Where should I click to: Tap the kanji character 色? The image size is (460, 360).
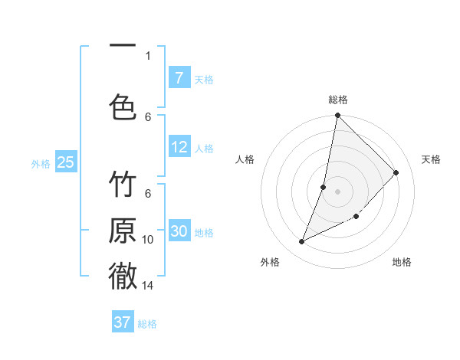123,106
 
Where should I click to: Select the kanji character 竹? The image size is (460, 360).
123,186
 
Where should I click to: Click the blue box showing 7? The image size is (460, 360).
179,78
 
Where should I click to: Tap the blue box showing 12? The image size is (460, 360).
179,148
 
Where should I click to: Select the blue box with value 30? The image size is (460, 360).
179,231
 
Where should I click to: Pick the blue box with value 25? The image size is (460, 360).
65,162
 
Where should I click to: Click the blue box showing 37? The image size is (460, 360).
122,322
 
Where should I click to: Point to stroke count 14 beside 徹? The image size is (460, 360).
148,286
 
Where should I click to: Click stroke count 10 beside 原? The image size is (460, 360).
148,240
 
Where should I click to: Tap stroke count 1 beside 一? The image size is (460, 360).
148,55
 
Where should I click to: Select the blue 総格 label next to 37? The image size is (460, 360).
147,324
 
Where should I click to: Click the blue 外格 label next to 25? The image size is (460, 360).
40,163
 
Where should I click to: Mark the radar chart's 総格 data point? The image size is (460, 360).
337,116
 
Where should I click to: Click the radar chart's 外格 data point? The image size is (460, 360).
302,242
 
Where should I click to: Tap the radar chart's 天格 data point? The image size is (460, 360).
396,172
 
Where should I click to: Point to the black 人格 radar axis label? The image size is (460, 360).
245,159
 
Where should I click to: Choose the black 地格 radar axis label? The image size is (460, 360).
402,262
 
